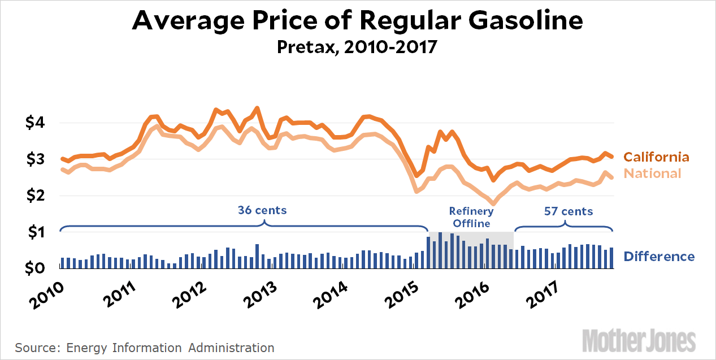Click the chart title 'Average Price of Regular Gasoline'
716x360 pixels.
tap(357, 21)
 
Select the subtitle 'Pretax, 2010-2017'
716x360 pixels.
tap(357, 46)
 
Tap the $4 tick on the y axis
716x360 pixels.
tap(37, 123)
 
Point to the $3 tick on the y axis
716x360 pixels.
tap(37, 159)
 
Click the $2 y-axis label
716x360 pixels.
tap(37, 196)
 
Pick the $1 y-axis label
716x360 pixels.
tap(37, 232)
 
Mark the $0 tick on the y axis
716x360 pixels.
tap(37, 268)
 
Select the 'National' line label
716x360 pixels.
tap(652, 174)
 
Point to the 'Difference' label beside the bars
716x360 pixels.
tap(659, 257)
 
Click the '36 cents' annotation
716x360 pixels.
tap(262, 211)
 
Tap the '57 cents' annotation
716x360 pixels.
tap(568, 212)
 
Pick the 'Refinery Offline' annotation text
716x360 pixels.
tap(471, 217)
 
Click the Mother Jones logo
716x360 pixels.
tap(639, 341)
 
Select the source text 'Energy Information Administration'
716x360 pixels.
tap(170, 348)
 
